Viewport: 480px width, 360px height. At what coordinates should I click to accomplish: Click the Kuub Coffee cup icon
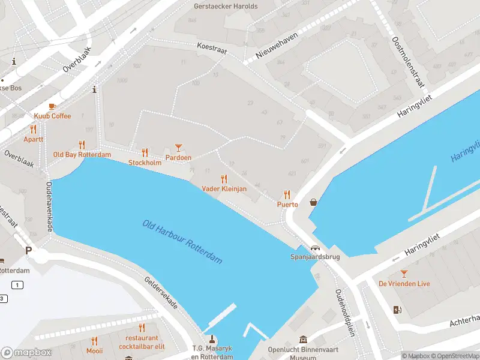[52, 106]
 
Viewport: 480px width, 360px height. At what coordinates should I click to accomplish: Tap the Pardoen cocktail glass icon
[178, 147]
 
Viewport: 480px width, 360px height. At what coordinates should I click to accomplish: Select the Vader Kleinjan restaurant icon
[224, 178]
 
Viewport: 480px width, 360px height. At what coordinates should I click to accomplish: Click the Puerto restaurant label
[287, 205]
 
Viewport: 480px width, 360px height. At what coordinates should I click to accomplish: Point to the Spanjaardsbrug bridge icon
[315, 248]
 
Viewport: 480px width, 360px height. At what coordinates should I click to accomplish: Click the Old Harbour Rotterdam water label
[182, 242]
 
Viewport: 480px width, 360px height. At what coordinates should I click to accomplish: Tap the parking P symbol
[28, 250]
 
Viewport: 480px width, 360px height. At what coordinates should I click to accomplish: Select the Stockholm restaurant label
[145, 163]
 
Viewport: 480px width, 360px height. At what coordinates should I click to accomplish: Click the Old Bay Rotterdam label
[82, 155]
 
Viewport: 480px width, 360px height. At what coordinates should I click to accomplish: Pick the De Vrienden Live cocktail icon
[404, 273]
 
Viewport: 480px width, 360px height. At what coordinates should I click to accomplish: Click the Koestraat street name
[212, 49]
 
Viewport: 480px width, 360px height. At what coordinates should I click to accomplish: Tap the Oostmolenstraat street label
[407, 61]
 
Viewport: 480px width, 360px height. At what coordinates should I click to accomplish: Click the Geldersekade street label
[161, 293]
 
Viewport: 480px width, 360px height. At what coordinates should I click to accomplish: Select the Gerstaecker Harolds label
[226, 7]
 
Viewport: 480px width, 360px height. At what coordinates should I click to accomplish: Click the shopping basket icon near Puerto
[314, 202]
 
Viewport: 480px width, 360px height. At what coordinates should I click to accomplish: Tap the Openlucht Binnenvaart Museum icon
[304, 340]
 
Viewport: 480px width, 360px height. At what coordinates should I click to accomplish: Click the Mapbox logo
[26, 353]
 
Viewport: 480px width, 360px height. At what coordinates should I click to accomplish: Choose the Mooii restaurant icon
[94, 340]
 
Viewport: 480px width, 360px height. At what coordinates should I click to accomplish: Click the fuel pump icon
[396, 310]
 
